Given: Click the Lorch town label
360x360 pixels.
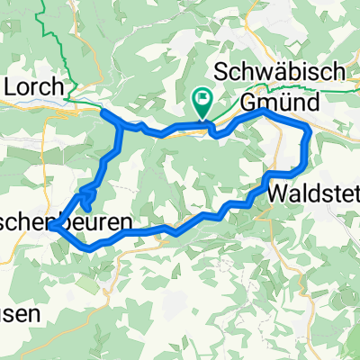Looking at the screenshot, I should click(x=33, y=86).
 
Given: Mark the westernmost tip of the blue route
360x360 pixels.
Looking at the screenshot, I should click(x=53, y=228).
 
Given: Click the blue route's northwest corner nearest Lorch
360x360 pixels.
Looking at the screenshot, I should click(x=103, y=113).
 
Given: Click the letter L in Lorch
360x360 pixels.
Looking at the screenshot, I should click(x=12, y=86).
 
